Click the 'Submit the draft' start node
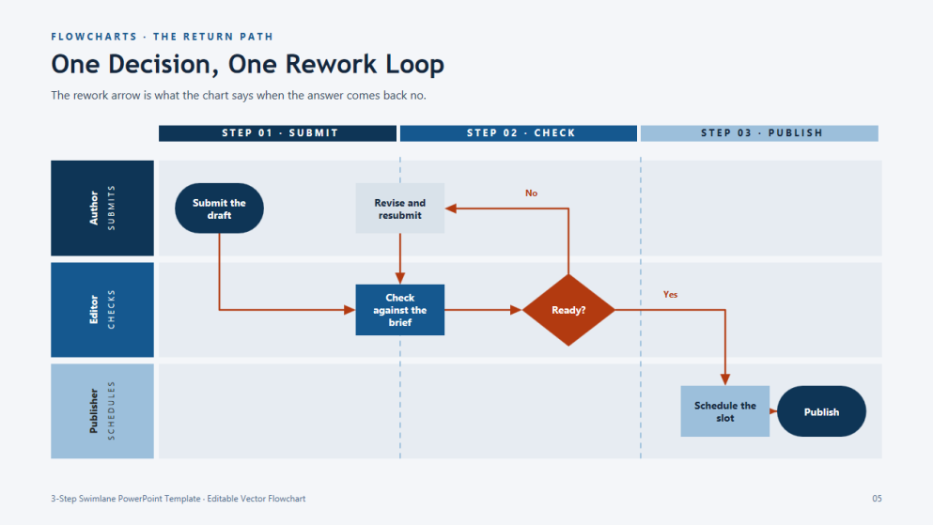(x=219, y=208)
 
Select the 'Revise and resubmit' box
(x=400, y=208)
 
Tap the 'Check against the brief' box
(x=400, y=310)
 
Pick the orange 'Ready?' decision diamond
(x=568, y=310)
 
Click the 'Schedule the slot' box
(x=724, y=411)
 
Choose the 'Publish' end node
(x=821, y=411)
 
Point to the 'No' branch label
(x=532, y=193)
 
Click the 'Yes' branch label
(x=671, y=294)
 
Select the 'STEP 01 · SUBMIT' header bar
(x=277, y=133)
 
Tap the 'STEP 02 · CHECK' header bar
(x=519, y=133)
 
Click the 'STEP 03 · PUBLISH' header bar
(x=759, y=133)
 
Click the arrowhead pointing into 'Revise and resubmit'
(x=450, y=208)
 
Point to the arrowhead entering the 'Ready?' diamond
(x=516, y=310)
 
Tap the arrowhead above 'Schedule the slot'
(x=724, y=380)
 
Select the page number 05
(x=877, y=499)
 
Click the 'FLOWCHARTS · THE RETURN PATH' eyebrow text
(x=162, y=37)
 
